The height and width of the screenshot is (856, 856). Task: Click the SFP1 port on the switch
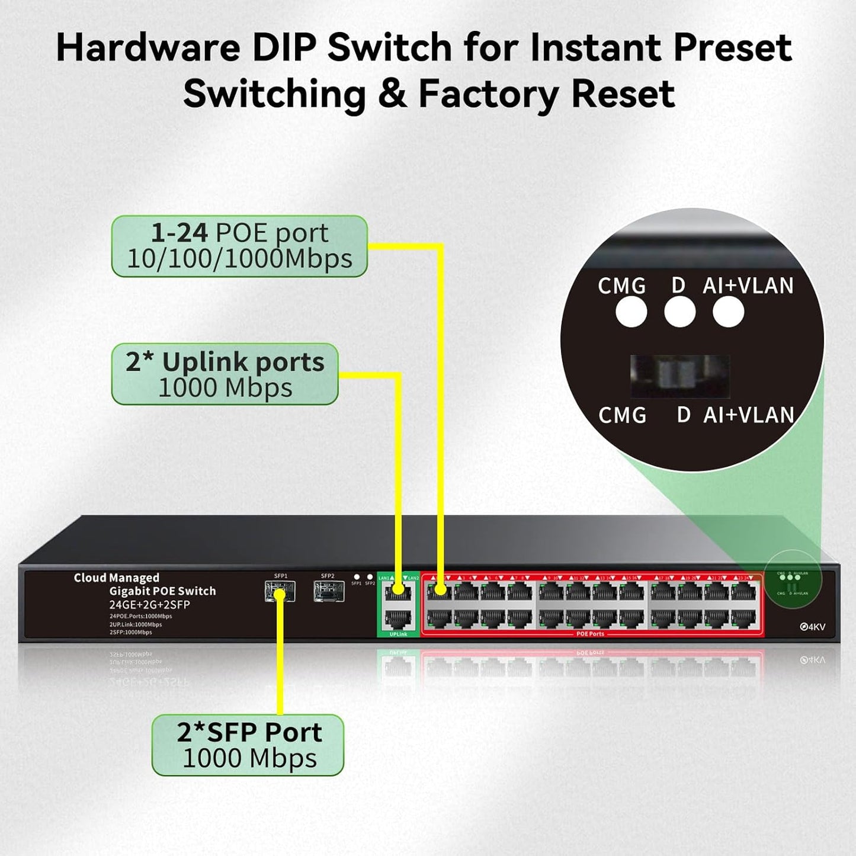click(280, 591)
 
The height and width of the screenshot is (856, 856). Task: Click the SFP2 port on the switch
click(329, 591)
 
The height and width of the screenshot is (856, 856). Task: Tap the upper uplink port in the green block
click(398, 591)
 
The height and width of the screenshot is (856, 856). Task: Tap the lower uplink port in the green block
click(398, 620)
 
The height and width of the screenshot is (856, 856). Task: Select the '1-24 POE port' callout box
click(239, 246)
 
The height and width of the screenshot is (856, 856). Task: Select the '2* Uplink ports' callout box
click(225, 374)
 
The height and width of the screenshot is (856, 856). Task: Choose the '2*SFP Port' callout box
click(248, 745)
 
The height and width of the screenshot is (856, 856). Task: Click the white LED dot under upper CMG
click(631, 312)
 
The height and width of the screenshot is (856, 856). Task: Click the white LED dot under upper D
click(679, 312)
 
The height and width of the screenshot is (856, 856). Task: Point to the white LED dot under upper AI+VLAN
click(728, 312)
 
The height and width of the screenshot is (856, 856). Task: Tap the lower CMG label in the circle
click(622, 415)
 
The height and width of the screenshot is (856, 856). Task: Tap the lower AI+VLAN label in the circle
click(748, 415)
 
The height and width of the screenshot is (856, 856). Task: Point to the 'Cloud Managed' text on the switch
click(117, 578)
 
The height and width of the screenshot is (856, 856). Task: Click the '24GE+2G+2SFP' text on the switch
click(149, 605)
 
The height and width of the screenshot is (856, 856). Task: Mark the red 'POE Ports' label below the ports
click(590, 634)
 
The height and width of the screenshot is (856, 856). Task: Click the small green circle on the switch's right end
click(793, 584)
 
